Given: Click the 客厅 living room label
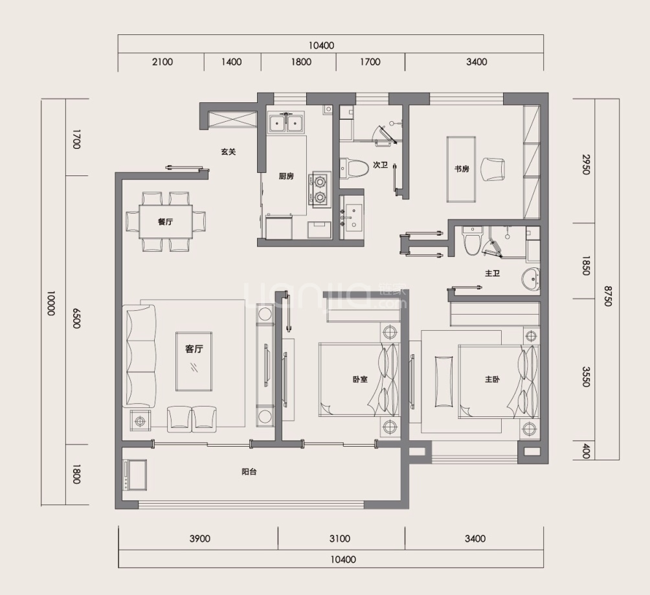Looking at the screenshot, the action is pos(194,349).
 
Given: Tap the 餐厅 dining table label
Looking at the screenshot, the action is pos(165,222).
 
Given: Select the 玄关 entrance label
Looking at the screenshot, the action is pos(228,152).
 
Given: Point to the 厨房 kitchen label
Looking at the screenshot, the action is pos(286,176).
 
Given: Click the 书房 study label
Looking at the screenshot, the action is pos(462,169).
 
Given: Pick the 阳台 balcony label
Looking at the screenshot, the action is pos(249,471).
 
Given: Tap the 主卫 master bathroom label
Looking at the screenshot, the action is pos(493,273).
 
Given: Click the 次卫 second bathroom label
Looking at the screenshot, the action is pos(380,165).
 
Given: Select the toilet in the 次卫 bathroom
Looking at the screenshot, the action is pos(354,169).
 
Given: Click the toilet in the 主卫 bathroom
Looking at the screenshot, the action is pos(472,240).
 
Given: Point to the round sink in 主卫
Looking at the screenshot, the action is pos(531,280).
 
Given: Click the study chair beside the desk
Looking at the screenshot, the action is pos(493,170).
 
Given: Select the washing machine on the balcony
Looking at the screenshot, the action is pos(134,475).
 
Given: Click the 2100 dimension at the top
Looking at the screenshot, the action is pos(162,62).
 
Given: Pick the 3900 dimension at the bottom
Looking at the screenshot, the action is pos(200,539).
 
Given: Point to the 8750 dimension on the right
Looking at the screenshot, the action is pos(607,296).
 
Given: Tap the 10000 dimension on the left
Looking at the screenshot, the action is pos(50,303).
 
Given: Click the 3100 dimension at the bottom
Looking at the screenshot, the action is pos(340,539).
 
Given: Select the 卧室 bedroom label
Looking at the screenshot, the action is pos(360,379).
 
